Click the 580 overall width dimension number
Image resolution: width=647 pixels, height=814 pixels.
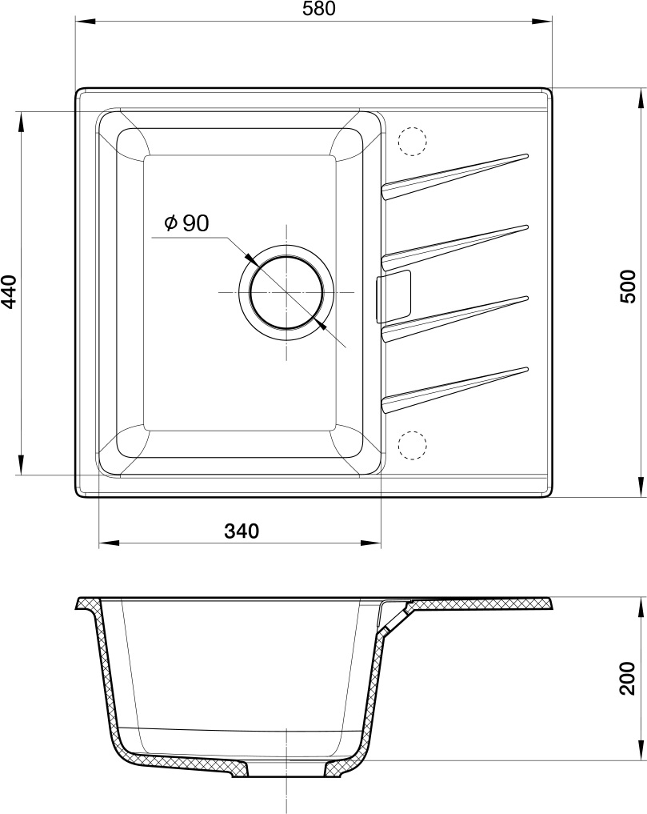tap(320, 9)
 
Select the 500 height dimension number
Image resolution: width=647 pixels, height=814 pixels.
tap(628, 287)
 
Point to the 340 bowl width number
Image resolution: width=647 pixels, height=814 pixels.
tap(242, 531)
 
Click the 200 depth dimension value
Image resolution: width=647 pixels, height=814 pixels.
tap(628, 677)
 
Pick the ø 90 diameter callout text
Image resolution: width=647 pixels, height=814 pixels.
tap(186, 223)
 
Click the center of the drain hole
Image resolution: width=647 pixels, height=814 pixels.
tap(286, 292)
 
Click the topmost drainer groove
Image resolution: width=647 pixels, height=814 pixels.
tap(455, 176)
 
